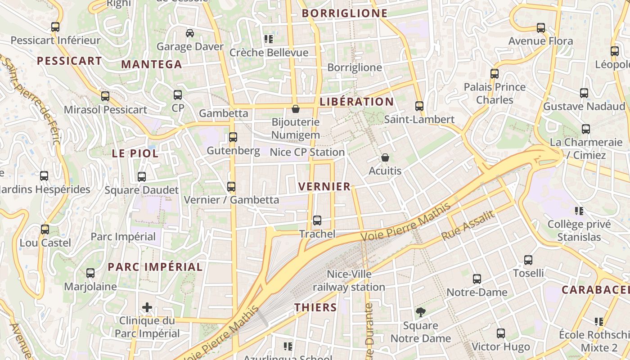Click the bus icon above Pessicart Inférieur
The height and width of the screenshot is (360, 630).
click(x=55, y=27)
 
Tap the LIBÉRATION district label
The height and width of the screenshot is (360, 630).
click(x=356, y=102)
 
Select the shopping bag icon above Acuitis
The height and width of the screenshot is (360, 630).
click(x=385, y=157)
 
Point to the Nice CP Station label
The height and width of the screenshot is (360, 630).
click(x=307, y=153)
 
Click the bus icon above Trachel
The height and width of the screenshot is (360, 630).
click(x=317, y=220)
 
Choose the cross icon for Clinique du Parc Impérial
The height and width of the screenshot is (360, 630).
click(x=147, y=308)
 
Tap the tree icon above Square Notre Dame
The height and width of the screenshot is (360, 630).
click(x=421, y=312)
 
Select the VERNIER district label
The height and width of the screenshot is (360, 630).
click(x=324, y=187)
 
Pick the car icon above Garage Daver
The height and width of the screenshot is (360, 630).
click(x=190, y=33)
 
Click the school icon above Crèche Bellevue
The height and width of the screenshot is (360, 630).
click(x=269, y=39)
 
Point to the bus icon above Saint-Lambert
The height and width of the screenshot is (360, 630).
click(x=419, y=106)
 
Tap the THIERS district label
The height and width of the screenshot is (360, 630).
click(x=315, y=308)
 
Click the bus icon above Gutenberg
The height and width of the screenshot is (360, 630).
click(x=233, y=137)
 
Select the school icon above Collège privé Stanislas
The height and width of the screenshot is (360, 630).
click(x=579, y=211)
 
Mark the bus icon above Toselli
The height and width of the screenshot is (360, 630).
click(x=528, y=260)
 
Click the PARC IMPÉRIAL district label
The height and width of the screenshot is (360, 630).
click(x=155, y=267)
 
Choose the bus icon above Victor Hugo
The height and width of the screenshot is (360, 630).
click(x=501, y=333)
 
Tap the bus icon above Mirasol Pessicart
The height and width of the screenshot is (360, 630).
click(x=105, y=96)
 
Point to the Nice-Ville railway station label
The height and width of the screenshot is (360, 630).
click(x=349, y=280)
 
